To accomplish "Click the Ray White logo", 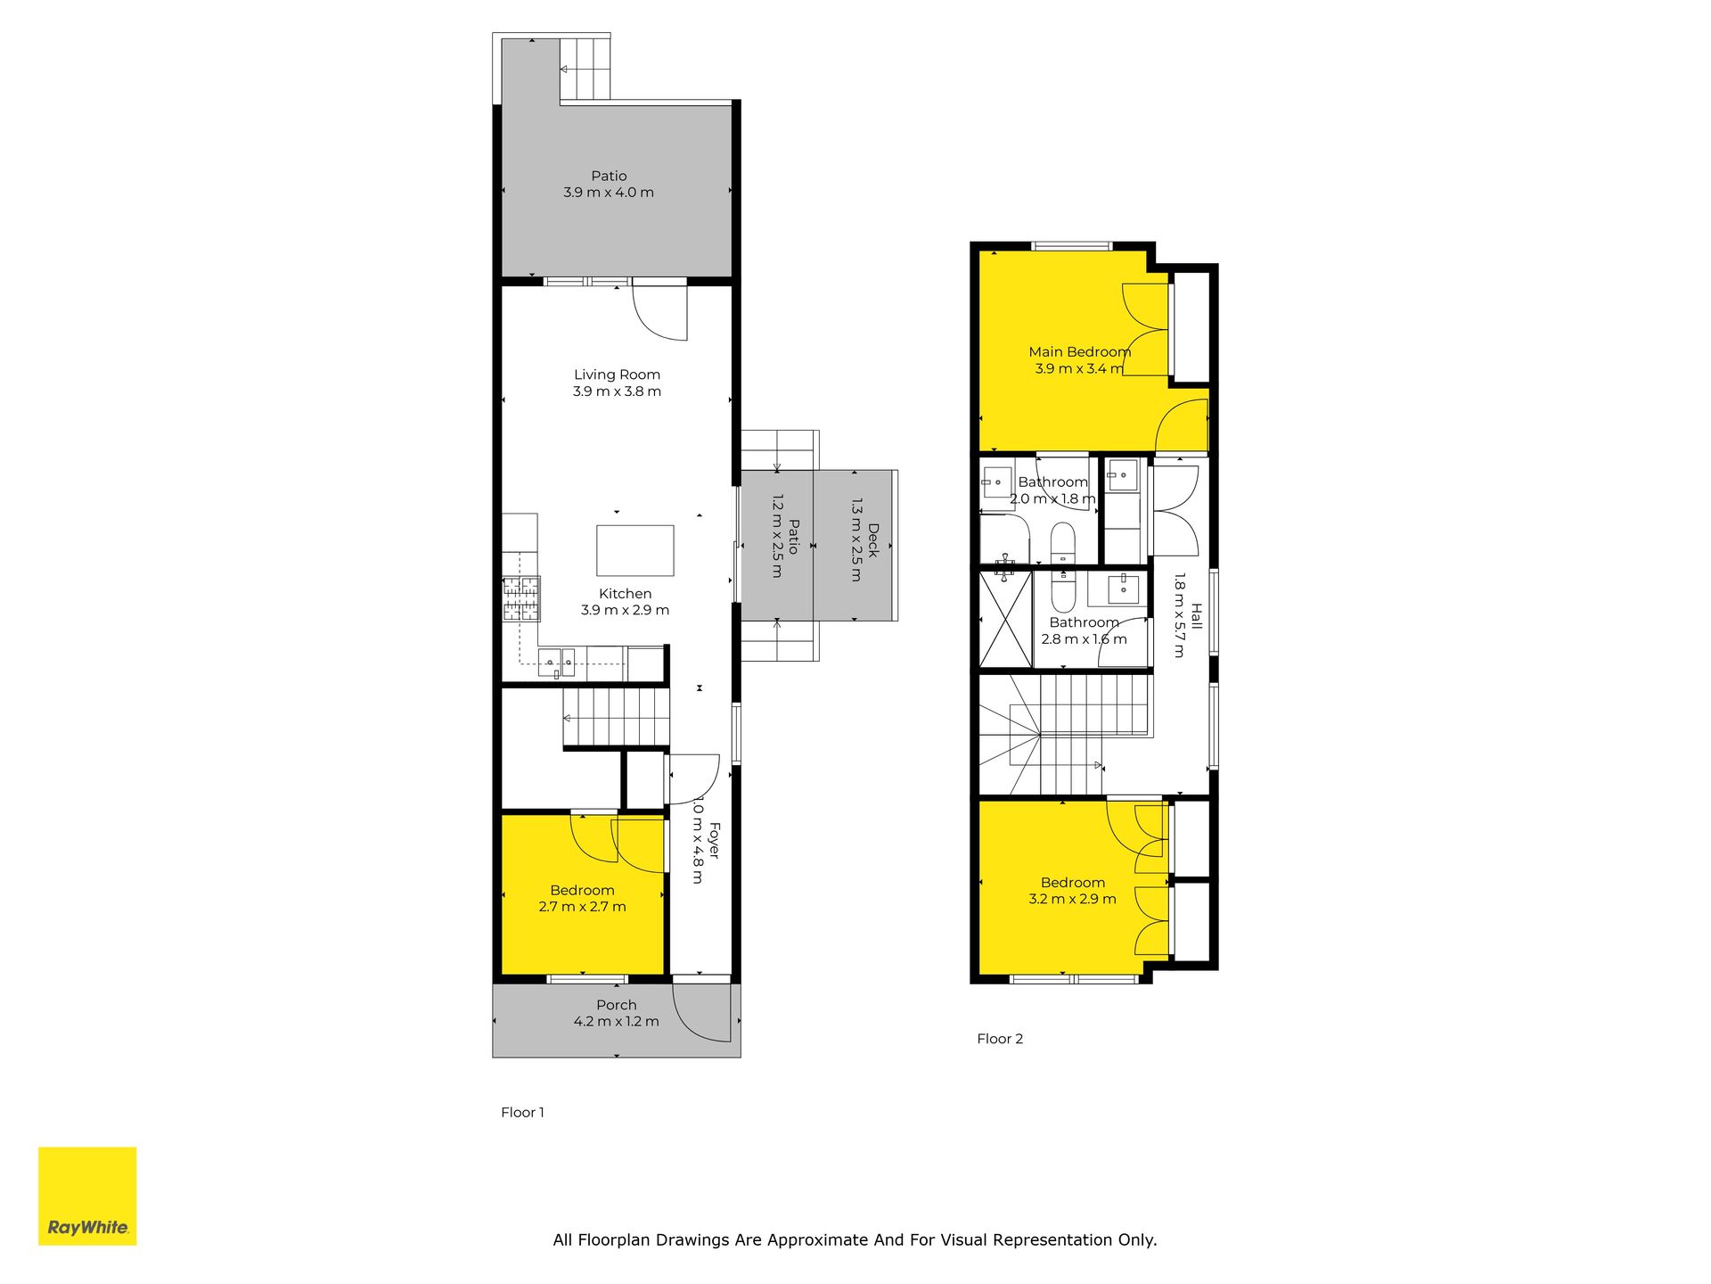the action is pyautogui.click(x=87, y=1196).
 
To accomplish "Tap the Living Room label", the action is pyautogui.click(x=617, y=375).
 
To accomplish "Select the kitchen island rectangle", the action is pyautogui.click(x=635, y=551).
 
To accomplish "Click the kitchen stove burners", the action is pyautogui.click(x=521, y=599).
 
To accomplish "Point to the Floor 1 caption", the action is pyautogui.click(x=522, y=1112).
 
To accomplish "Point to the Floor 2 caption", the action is pyautogui.click(x=1000, y=1039).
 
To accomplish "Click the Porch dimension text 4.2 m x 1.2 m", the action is pyautogui.click(x=617, y=1022).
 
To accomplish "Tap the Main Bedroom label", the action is pyautogui.click(x=1080, y=352).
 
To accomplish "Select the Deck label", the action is pyautogui.click(x=873, y=541).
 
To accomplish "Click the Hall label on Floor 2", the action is pyautogui.click(x=1197, y=616).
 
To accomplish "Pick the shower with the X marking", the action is pyautogui.click(x=1006, y=619).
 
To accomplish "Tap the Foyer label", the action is pyautogui.click(x=713, y=842).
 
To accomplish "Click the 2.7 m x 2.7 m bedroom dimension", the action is pyautogui.click(x=583, y=907).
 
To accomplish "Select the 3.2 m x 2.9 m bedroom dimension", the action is pyautogui.click(x=1073, y=899).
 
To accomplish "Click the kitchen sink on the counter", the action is pyautogui.click(x=557, y=662).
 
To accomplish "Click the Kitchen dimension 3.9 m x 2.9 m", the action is pyautogui.click(x=626, y=611).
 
